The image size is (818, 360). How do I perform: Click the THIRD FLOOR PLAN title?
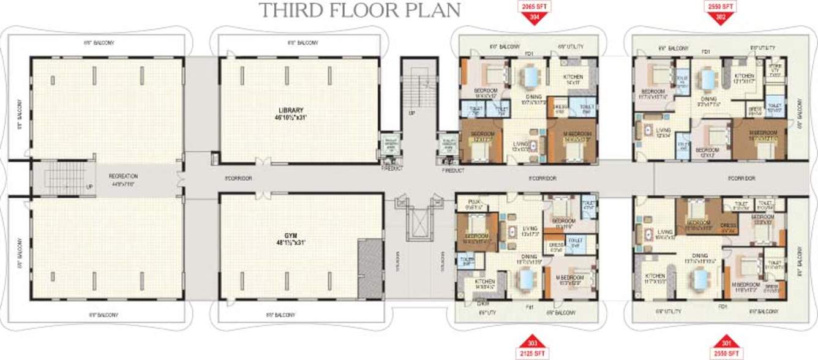359,10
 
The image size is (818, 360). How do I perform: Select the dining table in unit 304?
530,78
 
